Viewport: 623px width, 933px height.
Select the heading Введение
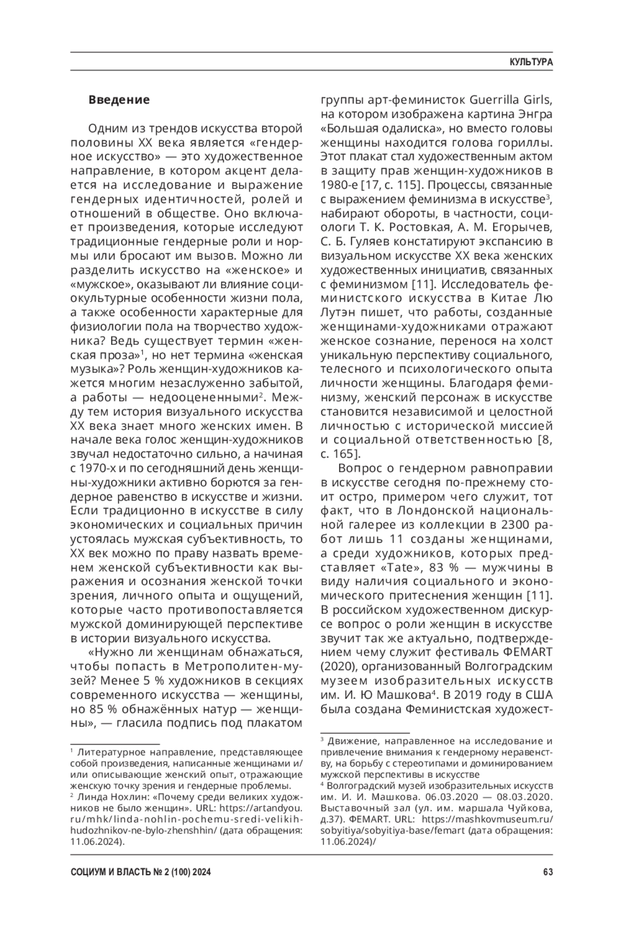119,100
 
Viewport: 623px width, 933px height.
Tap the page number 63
547,872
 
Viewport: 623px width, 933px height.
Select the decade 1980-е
338,184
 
